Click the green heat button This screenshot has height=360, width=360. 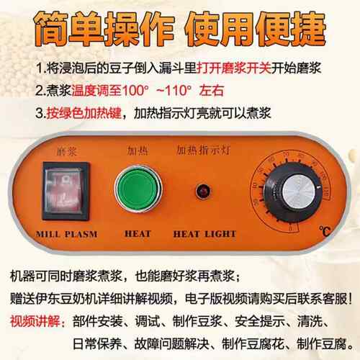click(138, 189)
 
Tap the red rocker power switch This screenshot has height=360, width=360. click(66, 192)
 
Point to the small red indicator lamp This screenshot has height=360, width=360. click(203, 192)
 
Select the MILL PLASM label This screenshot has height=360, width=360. click(67, 234)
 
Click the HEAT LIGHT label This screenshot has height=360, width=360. click(204, 234)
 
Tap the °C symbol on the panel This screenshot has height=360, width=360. click(325, 231)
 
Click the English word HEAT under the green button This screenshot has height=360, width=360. click(138, 234)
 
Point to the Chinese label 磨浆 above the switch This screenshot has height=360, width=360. click(67, 152)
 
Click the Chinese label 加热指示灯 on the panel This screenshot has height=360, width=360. click(203, 150)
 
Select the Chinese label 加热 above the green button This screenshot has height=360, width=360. click(138, 150)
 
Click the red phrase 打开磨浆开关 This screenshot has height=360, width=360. click(234, 68)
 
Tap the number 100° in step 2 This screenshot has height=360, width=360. click(135, 91)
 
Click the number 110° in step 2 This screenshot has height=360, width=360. click(178, 91)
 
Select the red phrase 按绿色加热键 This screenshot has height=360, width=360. click(84, 113)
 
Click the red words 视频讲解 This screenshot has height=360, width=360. click(35, 321)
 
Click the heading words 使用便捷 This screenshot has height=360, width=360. click(255, 28)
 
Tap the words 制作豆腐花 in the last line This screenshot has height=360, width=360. click(253, 344)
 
